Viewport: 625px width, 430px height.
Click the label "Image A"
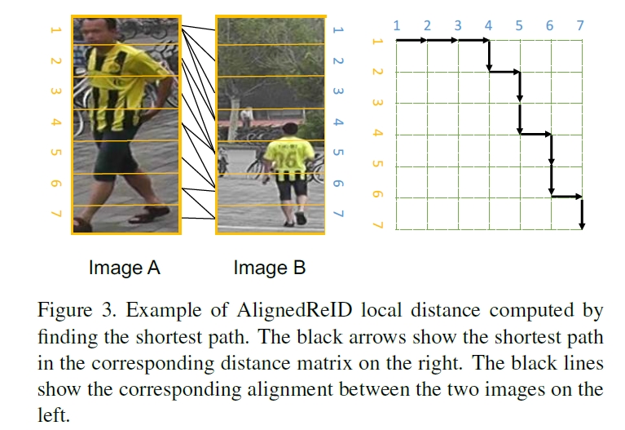tap(124, 268)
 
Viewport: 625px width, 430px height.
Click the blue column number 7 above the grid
tap(580, 26)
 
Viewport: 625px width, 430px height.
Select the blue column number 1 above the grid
tap(396, 26)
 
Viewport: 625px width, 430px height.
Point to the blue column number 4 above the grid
tap(488, 26)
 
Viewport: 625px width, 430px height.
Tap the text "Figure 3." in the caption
tap(68, 311)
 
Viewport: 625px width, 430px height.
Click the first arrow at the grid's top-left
tap(412, 40)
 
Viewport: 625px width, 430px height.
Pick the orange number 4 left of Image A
tap(55, 122)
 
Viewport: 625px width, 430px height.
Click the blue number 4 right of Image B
tap(338, 122)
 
